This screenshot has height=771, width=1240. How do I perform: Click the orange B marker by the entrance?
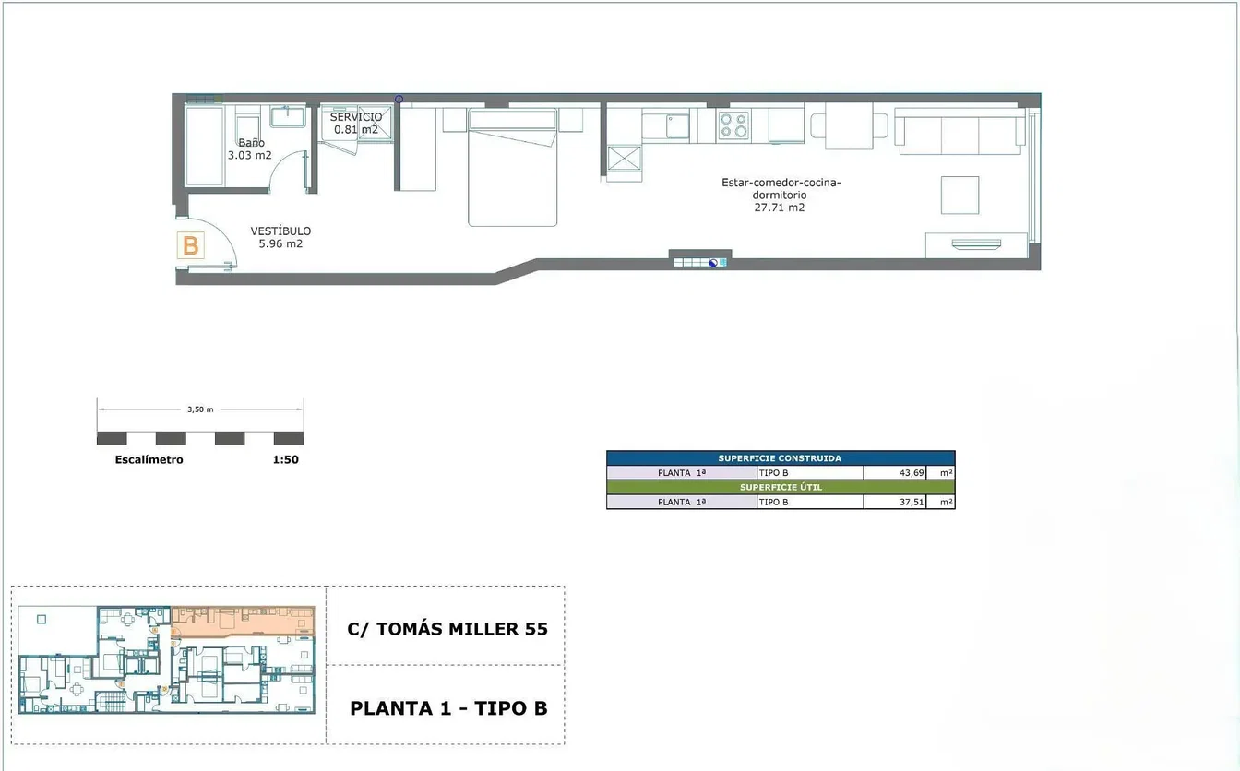[x=190, y=245]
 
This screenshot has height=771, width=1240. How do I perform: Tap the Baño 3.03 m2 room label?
[x=250, y=149]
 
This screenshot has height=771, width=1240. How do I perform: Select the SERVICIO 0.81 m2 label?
[x=356, y=124]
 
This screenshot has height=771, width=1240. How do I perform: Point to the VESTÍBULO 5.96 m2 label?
[x=280, y=237]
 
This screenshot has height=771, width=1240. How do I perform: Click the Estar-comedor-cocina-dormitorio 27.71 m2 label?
[x=781, y=195]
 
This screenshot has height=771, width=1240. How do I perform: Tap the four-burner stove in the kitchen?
[x=734, y=125]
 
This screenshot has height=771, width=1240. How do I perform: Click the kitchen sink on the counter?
[x=677, y=126]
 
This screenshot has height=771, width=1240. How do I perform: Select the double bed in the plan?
[x=513, y=167]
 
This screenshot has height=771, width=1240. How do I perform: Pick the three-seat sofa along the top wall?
[x=960, y=131]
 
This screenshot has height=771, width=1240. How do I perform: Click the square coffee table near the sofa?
[x=960, y=195]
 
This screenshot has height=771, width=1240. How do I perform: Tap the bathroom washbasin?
[x=287, y=116]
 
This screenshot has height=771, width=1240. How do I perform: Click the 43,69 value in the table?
[x=912, y=473]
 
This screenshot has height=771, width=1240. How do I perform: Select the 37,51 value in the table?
[x=912, y=503]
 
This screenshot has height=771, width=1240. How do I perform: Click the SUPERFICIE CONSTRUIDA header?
[x=780, y=458]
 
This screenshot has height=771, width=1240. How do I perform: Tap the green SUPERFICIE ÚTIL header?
[x=781, y=488]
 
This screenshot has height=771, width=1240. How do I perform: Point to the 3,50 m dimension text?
[x=200, y=409]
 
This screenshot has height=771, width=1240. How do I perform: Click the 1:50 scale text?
[x=286, y=459]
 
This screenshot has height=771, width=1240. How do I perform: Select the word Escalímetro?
[x=149, y=459]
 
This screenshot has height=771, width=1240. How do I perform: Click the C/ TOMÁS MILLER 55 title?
[x=447, y=629]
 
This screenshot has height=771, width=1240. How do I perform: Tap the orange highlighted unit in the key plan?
[x=243, y=622]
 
